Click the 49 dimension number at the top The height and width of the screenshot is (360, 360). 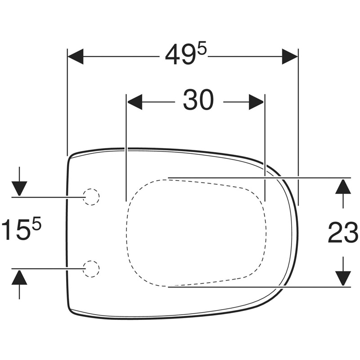[181, 55]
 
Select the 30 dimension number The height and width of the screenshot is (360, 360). [198, 100]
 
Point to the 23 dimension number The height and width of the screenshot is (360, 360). [343, 232]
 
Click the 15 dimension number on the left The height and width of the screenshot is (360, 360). [17, 229]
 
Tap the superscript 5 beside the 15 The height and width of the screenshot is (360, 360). [36, 223]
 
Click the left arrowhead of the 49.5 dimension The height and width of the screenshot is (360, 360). [76, 57]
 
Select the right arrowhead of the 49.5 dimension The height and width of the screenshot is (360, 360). [289, 57]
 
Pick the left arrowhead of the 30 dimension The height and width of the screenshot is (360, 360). [135, 102]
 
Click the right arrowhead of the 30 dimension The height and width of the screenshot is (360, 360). [256, 102]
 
